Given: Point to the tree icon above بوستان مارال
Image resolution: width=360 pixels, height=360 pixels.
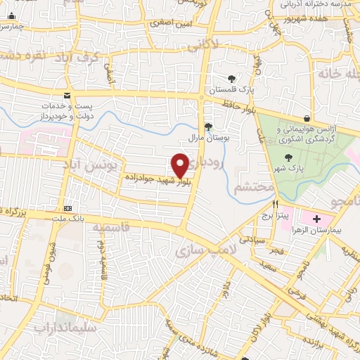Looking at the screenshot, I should point(208,127).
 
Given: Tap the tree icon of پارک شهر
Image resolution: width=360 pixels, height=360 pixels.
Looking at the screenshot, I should point(287,157).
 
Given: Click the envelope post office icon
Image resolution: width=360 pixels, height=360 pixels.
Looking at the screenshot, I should point(67,95).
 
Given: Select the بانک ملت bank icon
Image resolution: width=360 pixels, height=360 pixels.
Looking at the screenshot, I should point(67,208).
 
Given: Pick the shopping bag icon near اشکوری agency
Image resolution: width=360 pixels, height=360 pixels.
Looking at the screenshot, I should point(307,118).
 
